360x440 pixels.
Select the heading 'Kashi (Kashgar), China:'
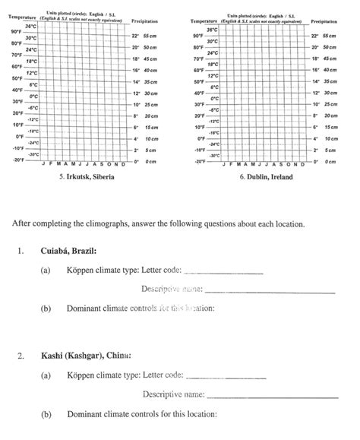point(86,356)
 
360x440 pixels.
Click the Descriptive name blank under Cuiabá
point(270,289)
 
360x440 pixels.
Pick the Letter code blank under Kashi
point(226,375)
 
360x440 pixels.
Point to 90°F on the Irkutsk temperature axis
point(16,32)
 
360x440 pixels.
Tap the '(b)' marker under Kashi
point(47,414)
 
